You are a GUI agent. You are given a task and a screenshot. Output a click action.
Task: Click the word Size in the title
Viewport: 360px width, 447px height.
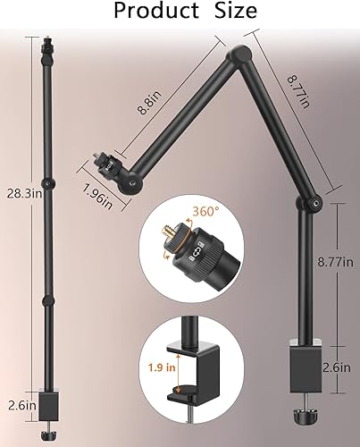click(x=230, y=12)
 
